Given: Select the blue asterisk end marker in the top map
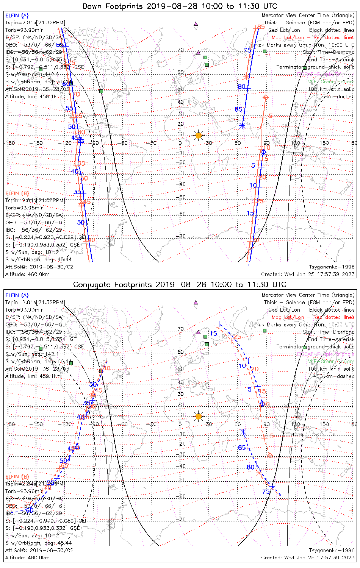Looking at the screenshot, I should pos(242,125).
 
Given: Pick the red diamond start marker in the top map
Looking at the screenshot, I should pos(266,97).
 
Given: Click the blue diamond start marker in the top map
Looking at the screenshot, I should pos(263,152).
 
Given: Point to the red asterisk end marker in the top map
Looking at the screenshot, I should pos(246,77).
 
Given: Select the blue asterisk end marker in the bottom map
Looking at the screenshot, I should pos(243,432).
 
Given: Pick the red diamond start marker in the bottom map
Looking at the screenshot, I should pos(270,455).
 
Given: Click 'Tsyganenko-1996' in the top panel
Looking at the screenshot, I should pos(332,267).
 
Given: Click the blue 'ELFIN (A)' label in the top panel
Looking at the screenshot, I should pos(17,16).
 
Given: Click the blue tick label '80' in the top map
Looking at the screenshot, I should pos(241,87).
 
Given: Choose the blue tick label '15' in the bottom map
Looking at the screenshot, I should pos(213,334).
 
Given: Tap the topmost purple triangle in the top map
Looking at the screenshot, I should pos(196,24).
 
